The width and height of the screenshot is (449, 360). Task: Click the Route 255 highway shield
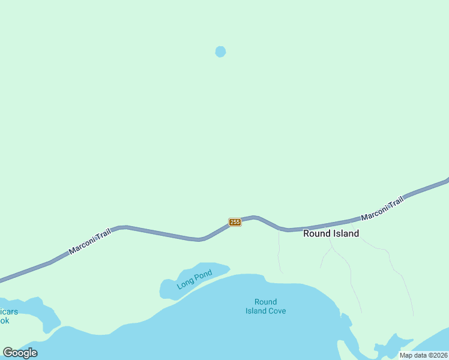[235, 222]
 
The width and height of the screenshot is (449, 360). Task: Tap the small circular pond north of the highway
[220, 52]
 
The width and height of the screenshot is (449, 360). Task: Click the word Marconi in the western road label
[81, 245]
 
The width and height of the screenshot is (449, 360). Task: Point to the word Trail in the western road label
[103, 235]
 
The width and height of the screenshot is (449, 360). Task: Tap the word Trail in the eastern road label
[396, 203]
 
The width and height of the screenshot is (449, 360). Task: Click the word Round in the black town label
[316, 233]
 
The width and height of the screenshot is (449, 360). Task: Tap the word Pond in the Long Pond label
[203, 277]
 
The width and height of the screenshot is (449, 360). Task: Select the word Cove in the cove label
[277, 311]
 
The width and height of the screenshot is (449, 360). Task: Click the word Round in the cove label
[265, 302]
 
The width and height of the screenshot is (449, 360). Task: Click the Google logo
[20, 353]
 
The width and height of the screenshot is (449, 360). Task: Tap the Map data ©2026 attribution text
[423, 355]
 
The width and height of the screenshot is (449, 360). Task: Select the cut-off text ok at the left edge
[4, 320]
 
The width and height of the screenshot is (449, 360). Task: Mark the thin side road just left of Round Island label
[279, 252]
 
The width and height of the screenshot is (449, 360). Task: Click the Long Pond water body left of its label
[168, 289]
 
